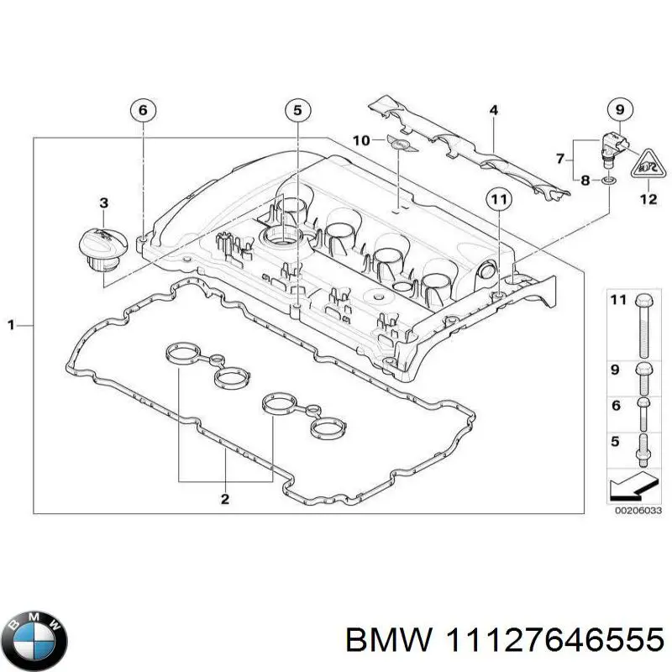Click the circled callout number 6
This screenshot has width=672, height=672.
(x=143, y=110)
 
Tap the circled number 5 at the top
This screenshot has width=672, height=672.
(x=297, y=110)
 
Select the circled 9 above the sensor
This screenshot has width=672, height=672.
(x=619, y=110)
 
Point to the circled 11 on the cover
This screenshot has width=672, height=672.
(x=499, y=200)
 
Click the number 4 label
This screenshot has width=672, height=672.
(x=494, y=110)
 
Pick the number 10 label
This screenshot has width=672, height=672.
(x=360, y=140)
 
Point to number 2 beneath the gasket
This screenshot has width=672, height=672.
(x=225, y=500)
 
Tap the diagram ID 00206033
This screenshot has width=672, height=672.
(x=637, y=510)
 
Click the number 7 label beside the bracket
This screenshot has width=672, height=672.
(x=559, y=157)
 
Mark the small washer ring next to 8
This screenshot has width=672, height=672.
(x=606, y=179)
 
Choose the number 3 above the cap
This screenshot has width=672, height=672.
(x=102, y=202)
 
